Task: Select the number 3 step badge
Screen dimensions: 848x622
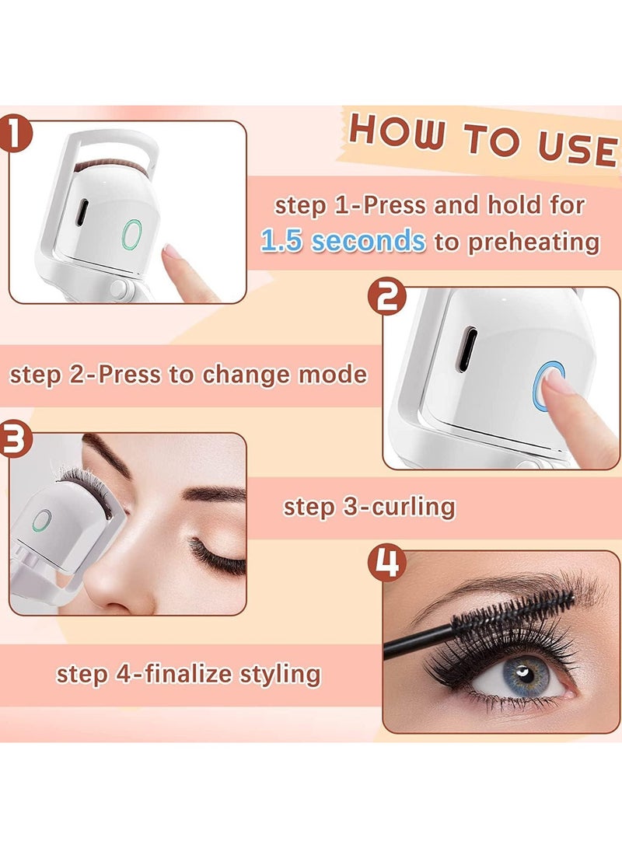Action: pyautogui.click(x=16, y=438)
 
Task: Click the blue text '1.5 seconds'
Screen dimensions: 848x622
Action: pyautogui.click(x=343, y=241)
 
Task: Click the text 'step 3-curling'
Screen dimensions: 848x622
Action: pyautogui.click(x=369, y=507)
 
